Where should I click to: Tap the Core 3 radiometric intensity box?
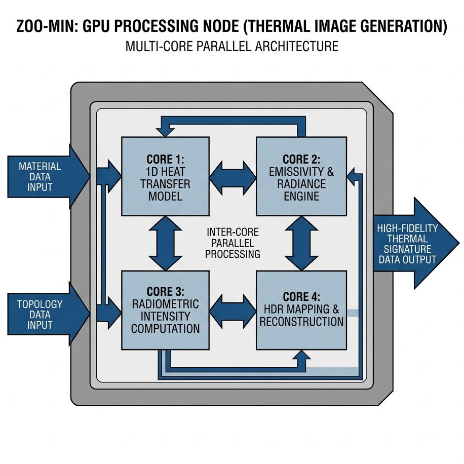(165, 310)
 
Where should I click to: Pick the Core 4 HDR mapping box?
(301, 310)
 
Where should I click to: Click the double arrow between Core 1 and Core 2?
(233, 175)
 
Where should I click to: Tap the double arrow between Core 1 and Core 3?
(165, 243)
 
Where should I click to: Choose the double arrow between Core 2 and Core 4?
(301, 243)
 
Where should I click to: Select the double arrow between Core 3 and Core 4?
(233, 310)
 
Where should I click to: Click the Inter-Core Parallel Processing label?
(233, 243)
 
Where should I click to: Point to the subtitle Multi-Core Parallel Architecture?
(231, 47)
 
